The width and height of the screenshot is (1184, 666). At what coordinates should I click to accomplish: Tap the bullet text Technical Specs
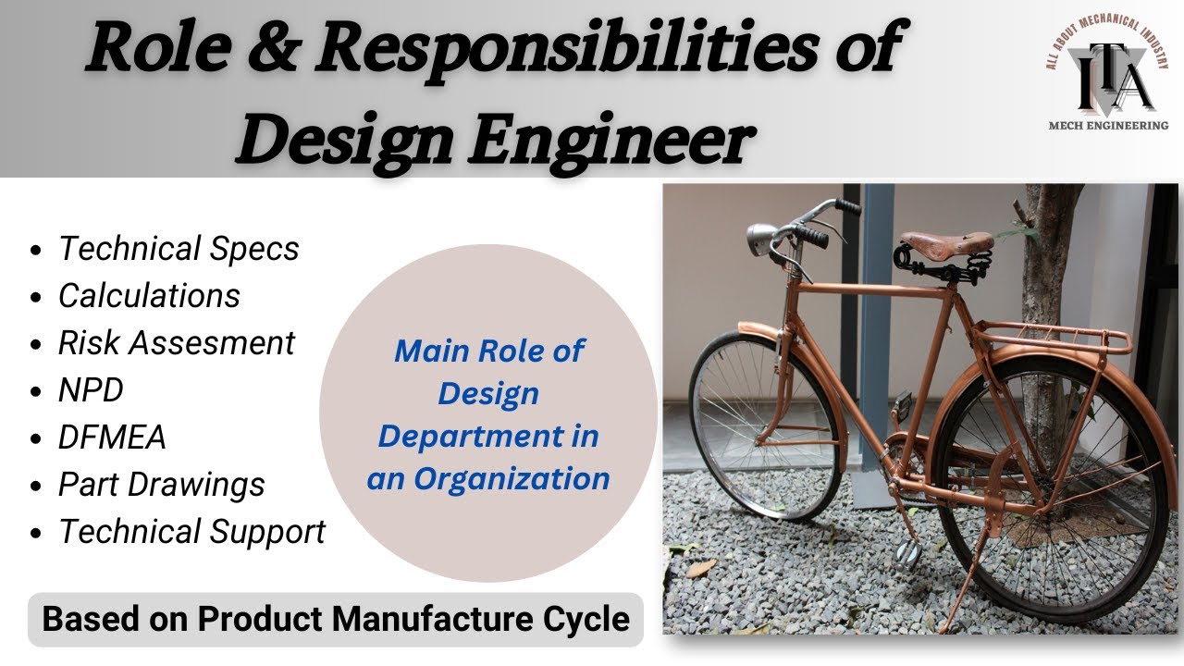179,249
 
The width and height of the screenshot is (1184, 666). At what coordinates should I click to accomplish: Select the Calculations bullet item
149,296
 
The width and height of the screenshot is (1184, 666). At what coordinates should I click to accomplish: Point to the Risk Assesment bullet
176,343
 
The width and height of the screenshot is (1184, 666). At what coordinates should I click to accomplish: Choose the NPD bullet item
91,390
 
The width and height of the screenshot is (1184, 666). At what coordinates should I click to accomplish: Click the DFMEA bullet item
112,438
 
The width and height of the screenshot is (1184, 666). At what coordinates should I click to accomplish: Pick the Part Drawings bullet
161,485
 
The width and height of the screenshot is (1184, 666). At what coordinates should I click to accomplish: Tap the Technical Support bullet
191,532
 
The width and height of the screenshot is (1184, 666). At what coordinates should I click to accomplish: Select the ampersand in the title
273,51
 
